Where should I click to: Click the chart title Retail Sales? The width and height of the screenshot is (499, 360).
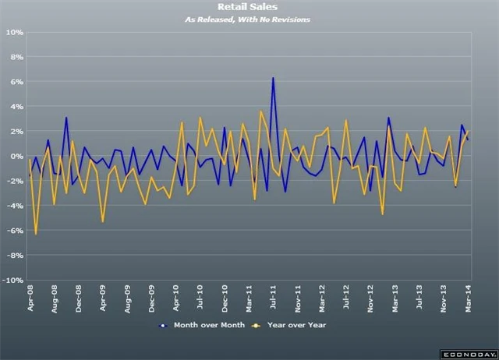[249, 7]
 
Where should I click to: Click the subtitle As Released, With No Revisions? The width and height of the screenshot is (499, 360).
[249, 19]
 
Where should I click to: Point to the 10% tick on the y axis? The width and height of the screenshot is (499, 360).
[15, 33]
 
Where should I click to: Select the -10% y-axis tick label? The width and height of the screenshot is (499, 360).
[13, 280]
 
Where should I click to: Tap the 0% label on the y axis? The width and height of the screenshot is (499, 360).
[17, 156]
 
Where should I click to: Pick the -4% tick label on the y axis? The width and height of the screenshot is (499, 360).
[15, 206]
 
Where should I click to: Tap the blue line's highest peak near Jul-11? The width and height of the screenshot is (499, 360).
[273, 78]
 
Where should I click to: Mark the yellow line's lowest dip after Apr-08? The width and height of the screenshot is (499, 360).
[36, 234]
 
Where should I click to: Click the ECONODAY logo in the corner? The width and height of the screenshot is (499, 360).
[466, 353]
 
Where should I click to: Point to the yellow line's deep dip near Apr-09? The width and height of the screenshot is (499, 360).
[103, 222]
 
